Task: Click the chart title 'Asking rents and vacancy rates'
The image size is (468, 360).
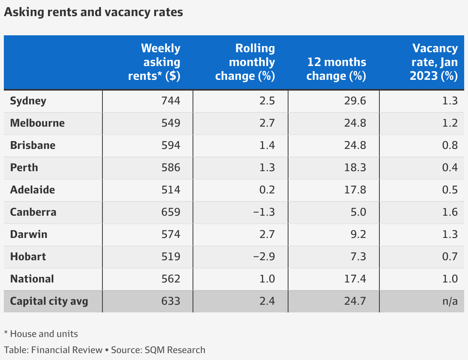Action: tap(93, 12)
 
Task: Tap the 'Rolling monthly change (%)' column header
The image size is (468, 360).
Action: tap(245, 62)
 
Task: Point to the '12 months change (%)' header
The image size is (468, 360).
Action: tap(336, 69)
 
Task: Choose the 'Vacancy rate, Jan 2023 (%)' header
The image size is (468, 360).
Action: tap(434, 62)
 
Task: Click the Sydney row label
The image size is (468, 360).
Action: tap(28, 101)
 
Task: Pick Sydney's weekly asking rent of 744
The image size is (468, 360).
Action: tap(171, 101)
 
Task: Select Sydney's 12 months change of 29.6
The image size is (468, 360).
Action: tap(355, 101)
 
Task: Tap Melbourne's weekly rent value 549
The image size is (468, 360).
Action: tap(171, 123)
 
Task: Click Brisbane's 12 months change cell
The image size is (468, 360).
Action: tap(355, 145)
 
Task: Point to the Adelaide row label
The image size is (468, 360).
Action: tap(33, 190)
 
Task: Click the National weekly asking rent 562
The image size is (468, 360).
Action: tap(171, 279)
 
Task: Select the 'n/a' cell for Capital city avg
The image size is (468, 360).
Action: tap(450, 301)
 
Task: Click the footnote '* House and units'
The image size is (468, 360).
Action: tap(41, 334)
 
